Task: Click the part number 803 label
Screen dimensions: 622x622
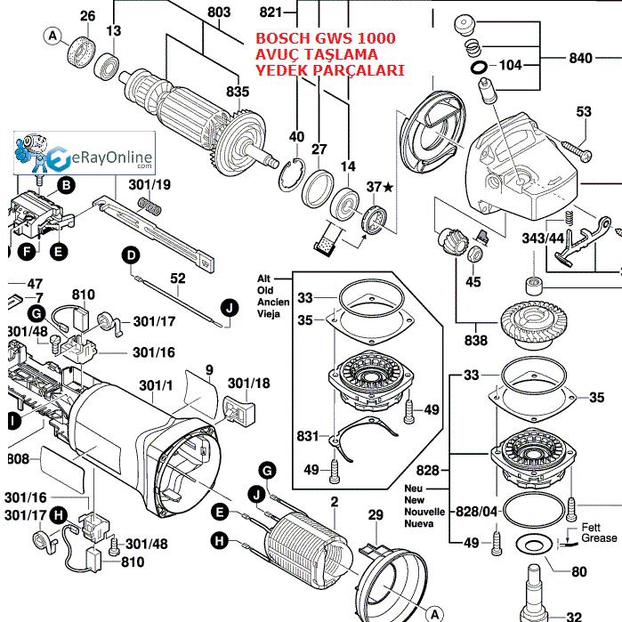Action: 219,12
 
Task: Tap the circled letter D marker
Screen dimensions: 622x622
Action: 131,255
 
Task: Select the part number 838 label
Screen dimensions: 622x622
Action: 476,340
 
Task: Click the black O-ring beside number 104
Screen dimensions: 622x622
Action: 480,68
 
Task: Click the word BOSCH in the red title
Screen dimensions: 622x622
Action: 283,38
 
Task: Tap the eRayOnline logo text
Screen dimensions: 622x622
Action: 106,159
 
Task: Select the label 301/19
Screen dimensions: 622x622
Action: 149,185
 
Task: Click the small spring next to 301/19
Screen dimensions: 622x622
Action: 150,206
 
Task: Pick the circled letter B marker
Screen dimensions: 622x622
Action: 66,185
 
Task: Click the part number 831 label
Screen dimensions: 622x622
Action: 308,436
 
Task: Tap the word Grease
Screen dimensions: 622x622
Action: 599,537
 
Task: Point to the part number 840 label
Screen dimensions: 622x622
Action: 580,59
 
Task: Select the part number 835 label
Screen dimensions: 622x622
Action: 238,92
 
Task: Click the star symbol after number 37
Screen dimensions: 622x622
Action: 388,187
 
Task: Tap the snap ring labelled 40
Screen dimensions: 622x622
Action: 292,174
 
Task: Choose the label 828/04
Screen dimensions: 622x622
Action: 476,512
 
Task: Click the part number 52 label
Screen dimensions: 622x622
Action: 178,278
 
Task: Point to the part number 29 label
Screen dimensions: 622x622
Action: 376,515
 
